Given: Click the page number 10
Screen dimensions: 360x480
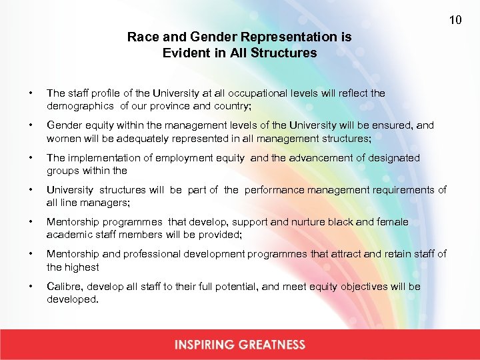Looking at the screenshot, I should [x=455, y=20].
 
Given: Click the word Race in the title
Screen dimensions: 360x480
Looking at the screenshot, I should [x=141, y=37].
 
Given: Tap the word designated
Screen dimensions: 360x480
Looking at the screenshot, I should [x=396, y=158].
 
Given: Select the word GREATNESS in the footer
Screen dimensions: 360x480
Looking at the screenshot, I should [x=275, y=345].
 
